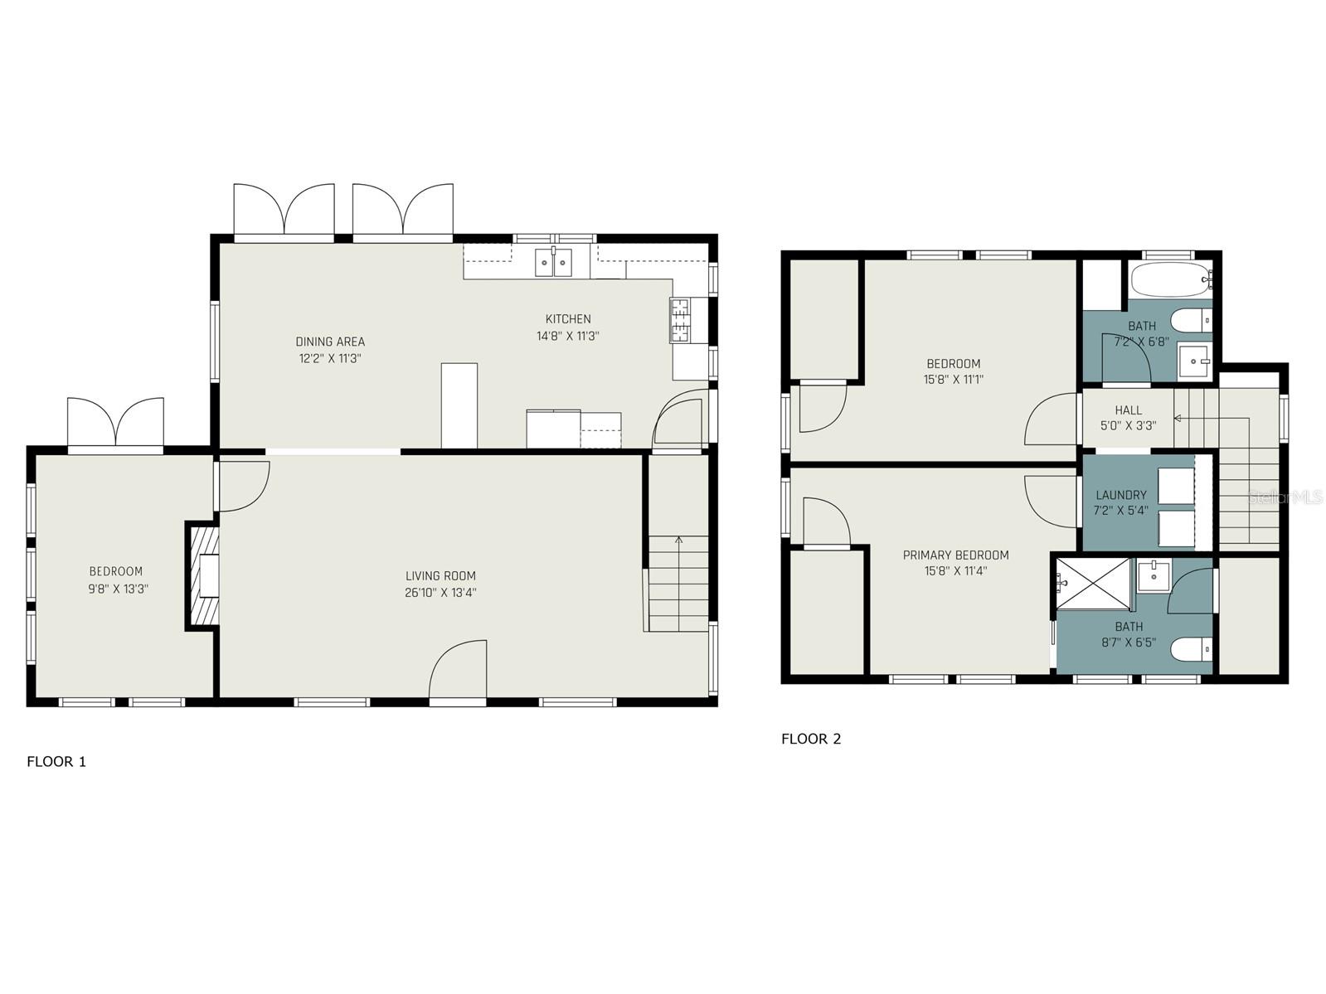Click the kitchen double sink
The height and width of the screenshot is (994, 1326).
tap(553, 262)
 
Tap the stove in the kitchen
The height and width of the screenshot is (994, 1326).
tap(681, 320)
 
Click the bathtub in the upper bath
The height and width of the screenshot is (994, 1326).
tap(1172, 281)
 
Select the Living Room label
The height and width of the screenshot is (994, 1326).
tap(440, 575)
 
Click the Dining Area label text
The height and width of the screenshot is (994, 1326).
tap(330, 342)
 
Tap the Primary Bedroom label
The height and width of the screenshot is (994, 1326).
tap(955, 555)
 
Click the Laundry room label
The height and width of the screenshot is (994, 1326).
tap(1121, 495)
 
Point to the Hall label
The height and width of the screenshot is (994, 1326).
tap(1129, 410)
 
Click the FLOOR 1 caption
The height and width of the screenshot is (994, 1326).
tap(56, 762)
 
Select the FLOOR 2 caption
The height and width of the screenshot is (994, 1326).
tap(811, 739)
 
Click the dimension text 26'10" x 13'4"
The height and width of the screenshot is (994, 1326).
tap(440, 593)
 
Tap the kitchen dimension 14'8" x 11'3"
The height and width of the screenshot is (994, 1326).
tap(568, 336)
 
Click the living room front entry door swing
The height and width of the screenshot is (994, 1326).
tap(458, 670)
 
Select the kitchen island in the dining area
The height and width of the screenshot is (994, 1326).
tap(459, 406)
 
